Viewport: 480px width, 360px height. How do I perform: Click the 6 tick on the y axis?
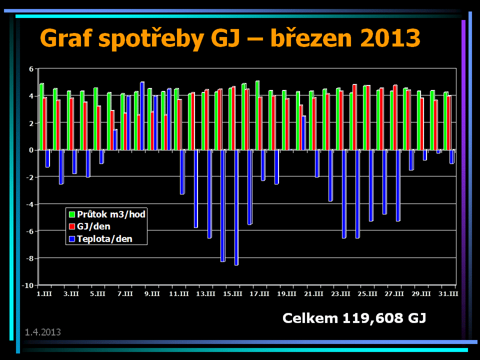(x=31, y=68)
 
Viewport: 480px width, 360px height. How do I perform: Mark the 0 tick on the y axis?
(x=31, y=150)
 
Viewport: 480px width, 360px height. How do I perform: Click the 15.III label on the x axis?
(x=233, y=293)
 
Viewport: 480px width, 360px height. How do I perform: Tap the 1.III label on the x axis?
(x=44, y=293)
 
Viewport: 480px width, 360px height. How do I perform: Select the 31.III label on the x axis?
(x=448, y=293)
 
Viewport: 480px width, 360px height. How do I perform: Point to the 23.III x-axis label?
(x=341, y=293)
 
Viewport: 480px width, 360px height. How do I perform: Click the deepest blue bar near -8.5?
(x=236, y=207)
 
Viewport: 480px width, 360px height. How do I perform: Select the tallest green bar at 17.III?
(x=257, y=115)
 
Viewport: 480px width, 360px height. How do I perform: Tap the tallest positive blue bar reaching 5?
(x=142, y=116)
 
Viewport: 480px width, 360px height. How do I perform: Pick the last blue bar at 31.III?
(x=451, y=156)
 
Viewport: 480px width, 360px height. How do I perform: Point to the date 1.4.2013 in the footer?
(x=43, y=332)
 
